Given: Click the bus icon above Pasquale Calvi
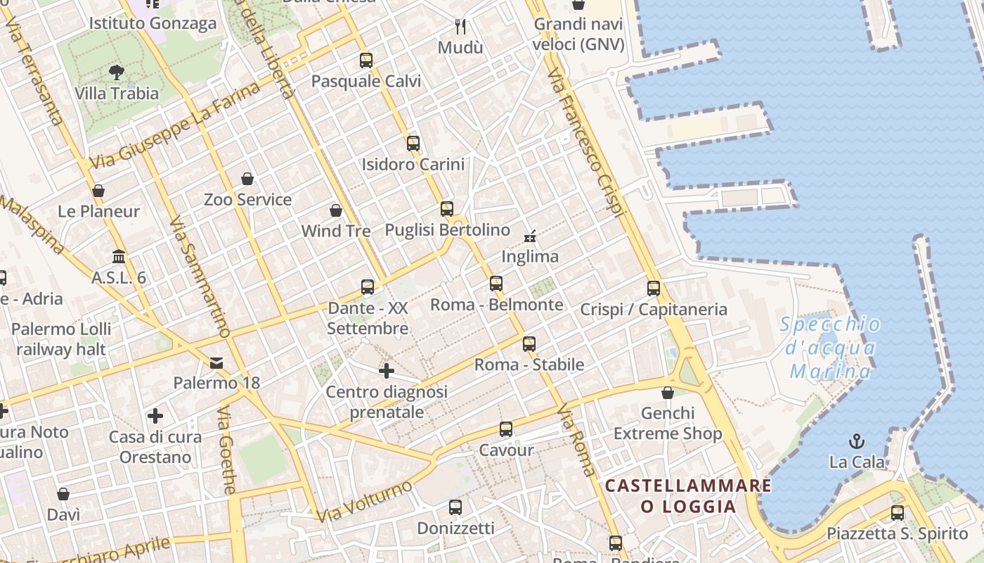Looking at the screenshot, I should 366,61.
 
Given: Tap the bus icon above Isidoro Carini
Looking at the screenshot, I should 413,144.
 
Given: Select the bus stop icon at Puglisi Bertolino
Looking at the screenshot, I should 447,209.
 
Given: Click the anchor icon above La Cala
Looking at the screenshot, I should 856,441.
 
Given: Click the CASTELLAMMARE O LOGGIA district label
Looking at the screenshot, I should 688,495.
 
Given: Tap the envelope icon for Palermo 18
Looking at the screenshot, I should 216,362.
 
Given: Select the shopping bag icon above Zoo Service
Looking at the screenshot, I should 247,179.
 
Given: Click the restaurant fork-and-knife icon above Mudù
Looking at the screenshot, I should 460,27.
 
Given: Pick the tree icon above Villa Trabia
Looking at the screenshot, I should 117,72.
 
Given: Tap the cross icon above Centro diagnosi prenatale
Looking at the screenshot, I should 386,370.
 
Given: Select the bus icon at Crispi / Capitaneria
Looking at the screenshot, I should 654,288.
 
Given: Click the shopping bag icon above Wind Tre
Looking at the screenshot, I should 336,210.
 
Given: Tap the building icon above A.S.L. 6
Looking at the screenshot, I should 118,256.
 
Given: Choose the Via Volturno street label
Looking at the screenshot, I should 363,502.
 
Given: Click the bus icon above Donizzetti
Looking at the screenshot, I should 455,507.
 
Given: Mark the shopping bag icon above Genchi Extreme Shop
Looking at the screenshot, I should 668,393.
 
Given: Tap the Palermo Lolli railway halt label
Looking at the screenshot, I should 61,339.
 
